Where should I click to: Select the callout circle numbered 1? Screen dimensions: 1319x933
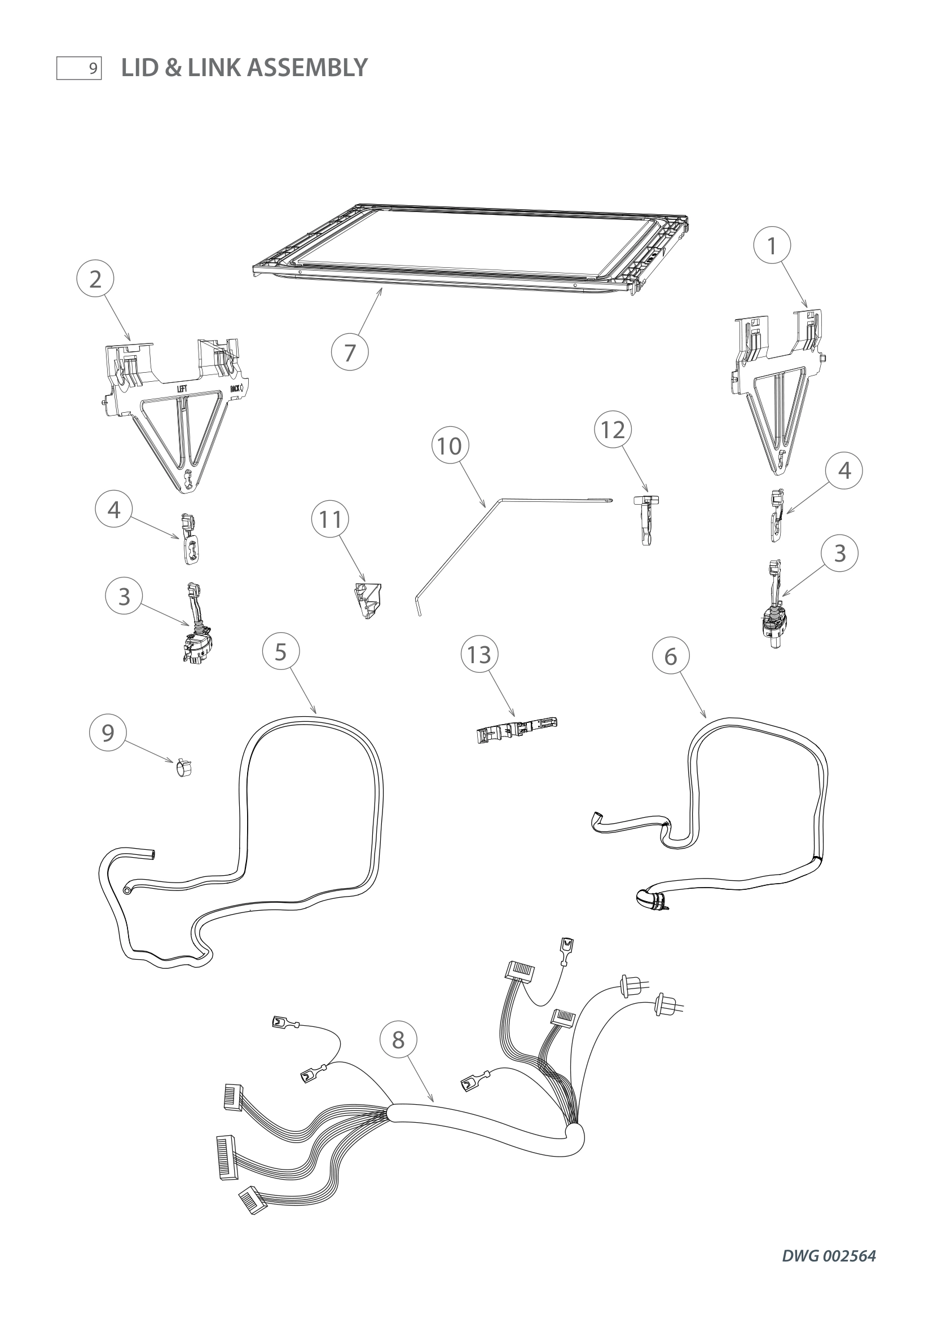tap(772, 246)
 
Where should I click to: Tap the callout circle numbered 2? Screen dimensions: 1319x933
tap(95, 279)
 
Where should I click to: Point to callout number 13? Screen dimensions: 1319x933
tap(479, 654)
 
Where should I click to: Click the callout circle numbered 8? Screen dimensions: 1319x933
tap(398, 1040)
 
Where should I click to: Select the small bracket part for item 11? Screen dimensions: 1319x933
tap(368, 600)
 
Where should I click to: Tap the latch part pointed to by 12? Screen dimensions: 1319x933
tap(646, 518)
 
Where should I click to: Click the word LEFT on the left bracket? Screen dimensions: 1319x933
tap(182, 389)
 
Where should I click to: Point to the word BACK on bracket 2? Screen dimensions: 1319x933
tap(235, 389)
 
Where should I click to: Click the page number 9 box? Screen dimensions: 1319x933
tap(79, 68)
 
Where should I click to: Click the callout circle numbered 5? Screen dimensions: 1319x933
tap(280, 652)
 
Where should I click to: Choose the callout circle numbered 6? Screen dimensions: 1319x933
tap(671, 656)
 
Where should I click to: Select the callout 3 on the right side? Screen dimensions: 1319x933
tap(839, 553)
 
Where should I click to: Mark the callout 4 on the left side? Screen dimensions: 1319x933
tap(114, 510)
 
